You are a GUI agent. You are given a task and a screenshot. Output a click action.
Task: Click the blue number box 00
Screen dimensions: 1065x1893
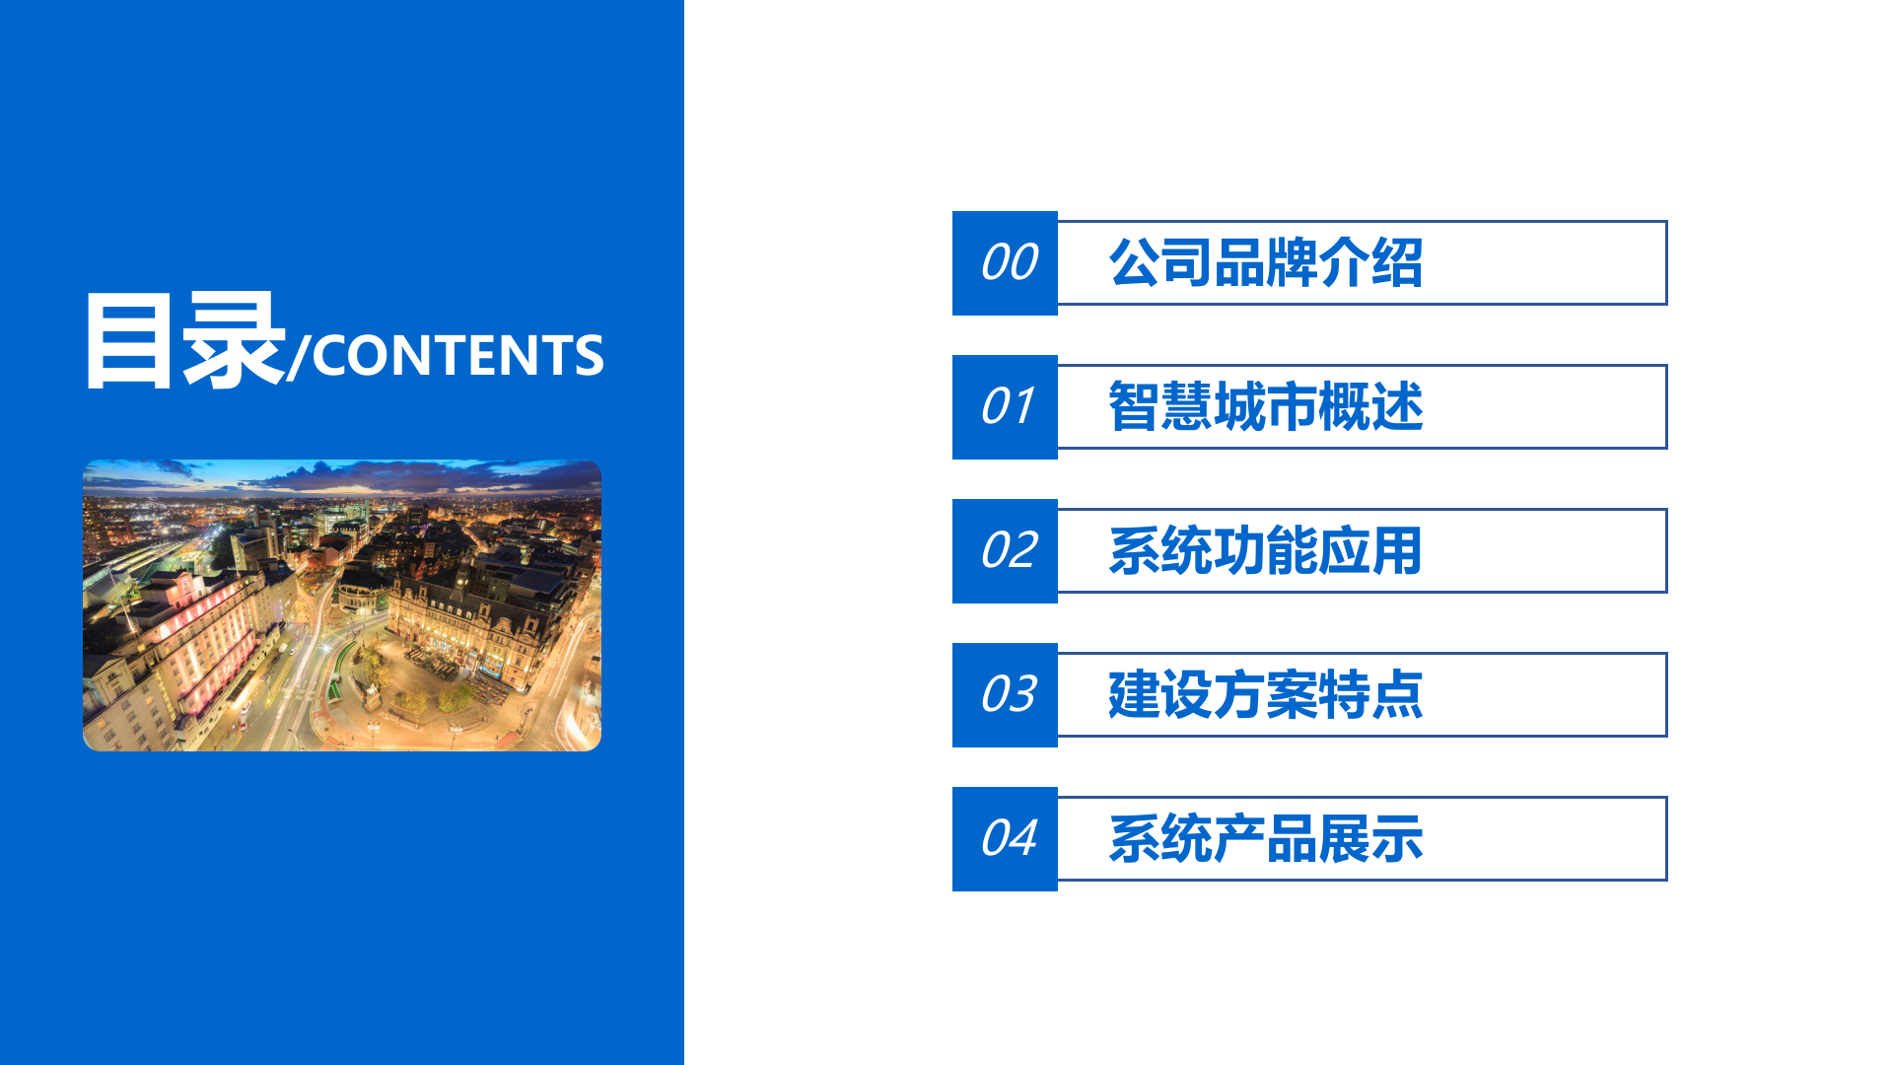1005,263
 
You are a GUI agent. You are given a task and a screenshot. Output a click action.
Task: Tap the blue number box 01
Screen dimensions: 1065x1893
1005,407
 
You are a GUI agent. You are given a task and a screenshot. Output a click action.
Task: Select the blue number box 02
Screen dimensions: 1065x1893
1005,551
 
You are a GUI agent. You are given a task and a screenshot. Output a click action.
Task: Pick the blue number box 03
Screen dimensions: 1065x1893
1005,695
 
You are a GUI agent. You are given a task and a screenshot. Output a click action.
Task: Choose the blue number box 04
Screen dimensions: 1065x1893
1005,839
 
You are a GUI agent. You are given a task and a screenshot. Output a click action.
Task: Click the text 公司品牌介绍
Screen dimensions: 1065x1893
1265,263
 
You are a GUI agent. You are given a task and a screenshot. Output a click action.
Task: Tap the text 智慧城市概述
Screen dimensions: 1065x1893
1265,407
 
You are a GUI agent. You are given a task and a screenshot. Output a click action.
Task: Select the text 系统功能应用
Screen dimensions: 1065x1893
1265,551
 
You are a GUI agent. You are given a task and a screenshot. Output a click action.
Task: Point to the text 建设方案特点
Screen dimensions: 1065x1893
1265,695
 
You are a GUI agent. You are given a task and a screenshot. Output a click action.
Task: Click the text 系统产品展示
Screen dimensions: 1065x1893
1265,839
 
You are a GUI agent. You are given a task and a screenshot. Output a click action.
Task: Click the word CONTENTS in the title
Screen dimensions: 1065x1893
457,356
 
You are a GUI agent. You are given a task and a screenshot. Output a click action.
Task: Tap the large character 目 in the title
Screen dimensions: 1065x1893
130,341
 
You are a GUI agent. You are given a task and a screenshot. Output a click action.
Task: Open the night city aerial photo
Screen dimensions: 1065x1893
341,605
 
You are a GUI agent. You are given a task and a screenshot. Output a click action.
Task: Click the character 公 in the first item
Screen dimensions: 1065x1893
1135,263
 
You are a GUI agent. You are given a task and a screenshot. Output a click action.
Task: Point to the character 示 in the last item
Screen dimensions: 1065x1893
1396,839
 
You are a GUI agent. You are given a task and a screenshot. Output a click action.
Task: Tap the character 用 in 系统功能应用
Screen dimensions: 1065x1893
1396,551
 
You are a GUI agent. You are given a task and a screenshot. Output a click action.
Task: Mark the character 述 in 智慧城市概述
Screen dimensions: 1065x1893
1396,407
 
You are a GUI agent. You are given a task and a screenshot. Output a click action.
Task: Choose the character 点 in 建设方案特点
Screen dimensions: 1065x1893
1396,695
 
